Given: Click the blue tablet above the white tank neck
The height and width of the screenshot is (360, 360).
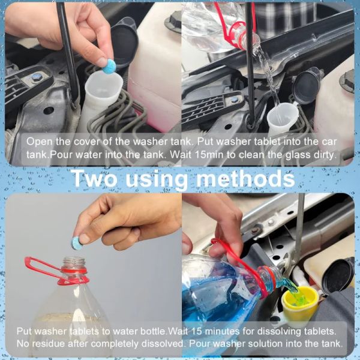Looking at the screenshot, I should (x=109, y=66).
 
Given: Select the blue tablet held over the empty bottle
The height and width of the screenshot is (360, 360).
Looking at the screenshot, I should (x=78, y=242).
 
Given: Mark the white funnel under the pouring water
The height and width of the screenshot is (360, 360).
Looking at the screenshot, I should (x=279, y=120).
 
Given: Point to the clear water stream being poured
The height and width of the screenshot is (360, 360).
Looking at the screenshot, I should (x=265, y=72).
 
